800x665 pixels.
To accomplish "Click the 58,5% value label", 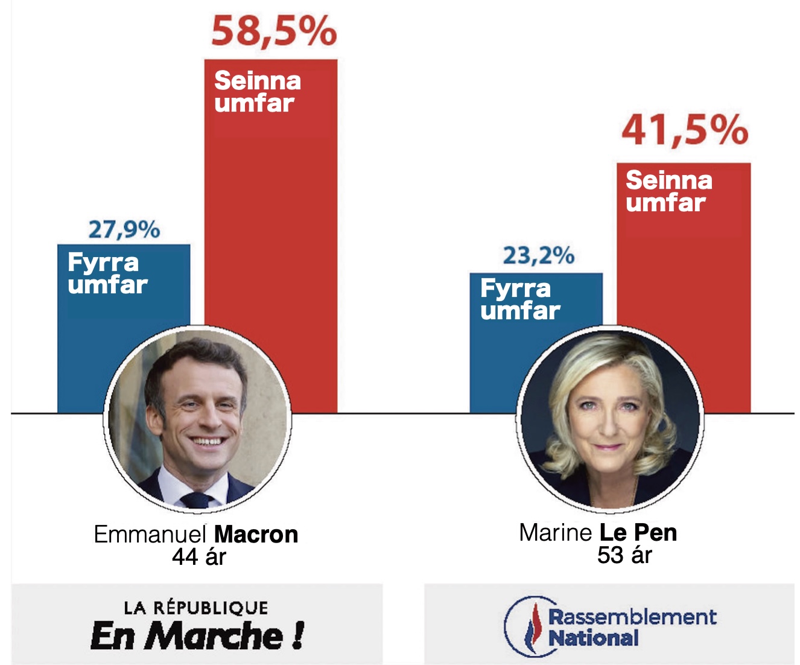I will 273,31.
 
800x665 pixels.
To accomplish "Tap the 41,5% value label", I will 685,130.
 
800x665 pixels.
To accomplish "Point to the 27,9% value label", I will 124,230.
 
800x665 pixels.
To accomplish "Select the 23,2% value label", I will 538,256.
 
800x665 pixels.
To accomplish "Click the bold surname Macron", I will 256,535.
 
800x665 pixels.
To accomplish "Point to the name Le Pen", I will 638,533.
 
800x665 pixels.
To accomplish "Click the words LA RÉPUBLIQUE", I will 196,608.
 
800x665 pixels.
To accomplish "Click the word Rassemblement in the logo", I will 632,617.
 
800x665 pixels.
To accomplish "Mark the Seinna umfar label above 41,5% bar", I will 668,191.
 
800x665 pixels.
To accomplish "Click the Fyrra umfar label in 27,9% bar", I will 107,274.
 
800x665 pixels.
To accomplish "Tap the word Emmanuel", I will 151,535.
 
